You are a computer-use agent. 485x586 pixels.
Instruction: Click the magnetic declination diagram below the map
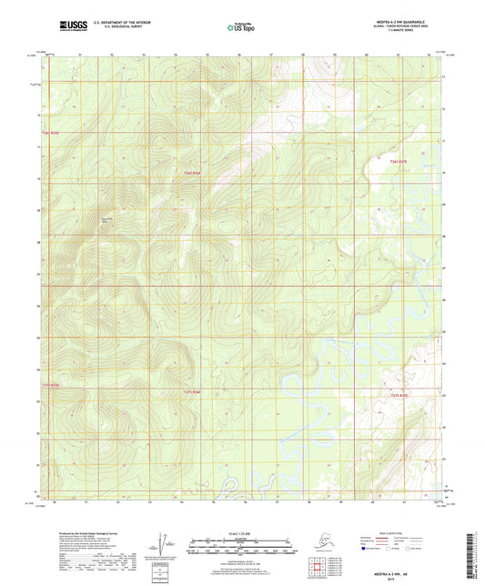(165, 544)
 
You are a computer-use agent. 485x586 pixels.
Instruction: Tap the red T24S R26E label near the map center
(190, 173)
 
